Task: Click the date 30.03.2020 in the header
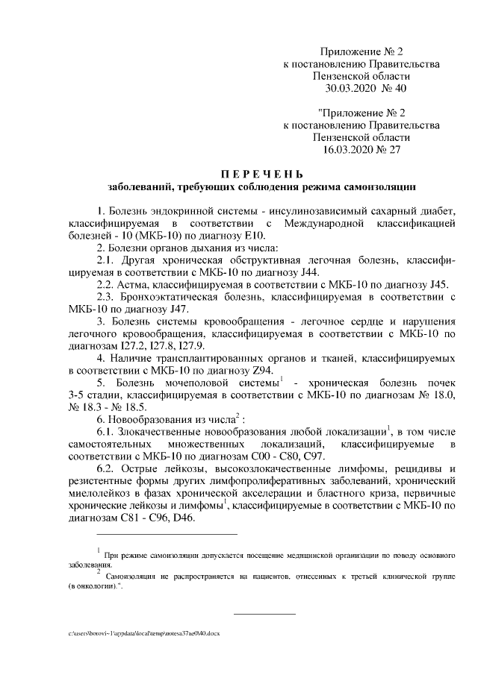(352, 90)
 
